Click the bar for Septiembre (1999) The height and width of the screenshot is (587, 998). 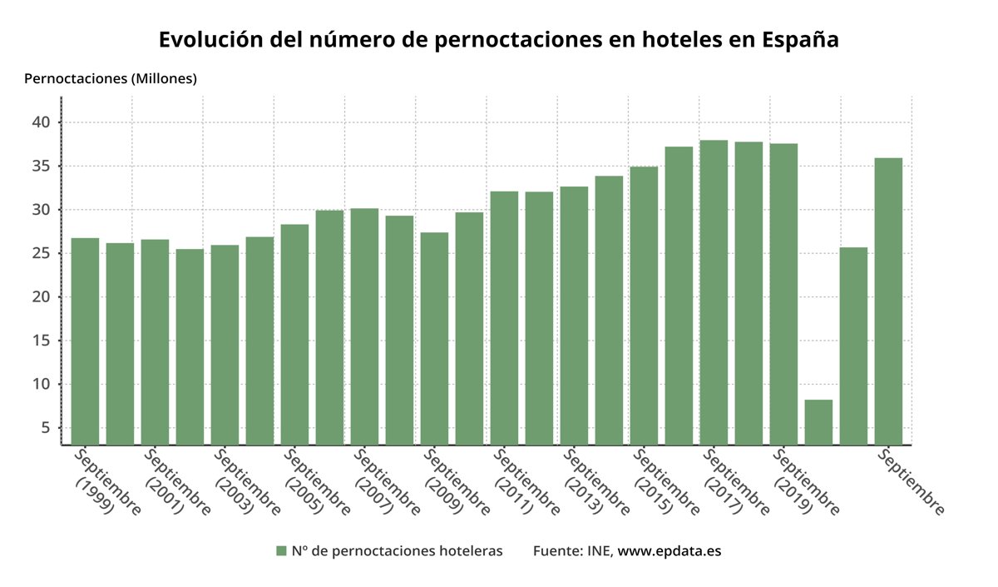point(85,341)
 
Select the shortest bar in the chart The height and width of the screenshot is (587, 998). point(818,422)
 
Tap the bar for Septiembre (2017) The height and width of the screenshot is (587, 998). point(714,292)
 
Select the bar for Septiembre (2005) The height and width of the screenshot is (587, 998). point(294,334)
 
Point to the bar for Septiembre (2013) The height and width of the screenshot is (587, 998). point(574,316)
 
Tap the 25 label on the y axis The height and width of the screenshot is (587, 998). point(42,253)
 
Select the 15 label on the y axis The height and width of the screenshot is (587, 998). point(42,341)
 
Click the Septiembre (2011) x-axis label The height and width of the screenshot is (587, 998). point(526,481)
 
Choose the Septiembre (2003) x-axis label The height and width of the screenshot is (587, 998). point(247,481)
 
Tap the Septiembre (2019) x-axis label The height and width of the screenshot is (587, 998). point(806,481)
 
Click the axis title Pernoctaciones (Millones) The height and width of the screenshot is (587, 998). point(111,79)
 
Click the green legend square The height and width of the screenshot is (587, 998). point(281,550)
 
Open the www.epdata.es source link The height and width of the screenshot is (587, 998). point(669,551)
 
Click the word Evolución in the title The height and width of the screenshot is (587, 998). point(207,40)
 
